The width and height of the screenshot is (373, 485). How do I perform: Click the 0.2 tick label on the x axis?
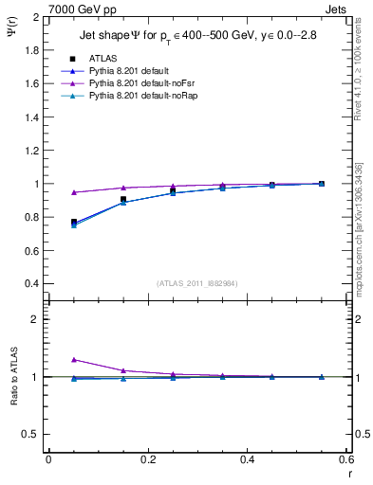147,459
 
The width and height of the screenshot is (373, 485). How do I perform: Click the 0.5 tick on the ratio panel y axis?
30,434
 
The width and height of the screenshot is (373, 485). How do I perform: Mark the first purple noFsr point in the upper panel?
74,192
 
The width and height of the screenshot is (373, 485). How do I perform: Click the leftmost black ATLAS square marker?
74,222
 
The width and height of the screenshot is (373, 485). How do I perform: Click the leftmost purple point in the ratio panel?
74,360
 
